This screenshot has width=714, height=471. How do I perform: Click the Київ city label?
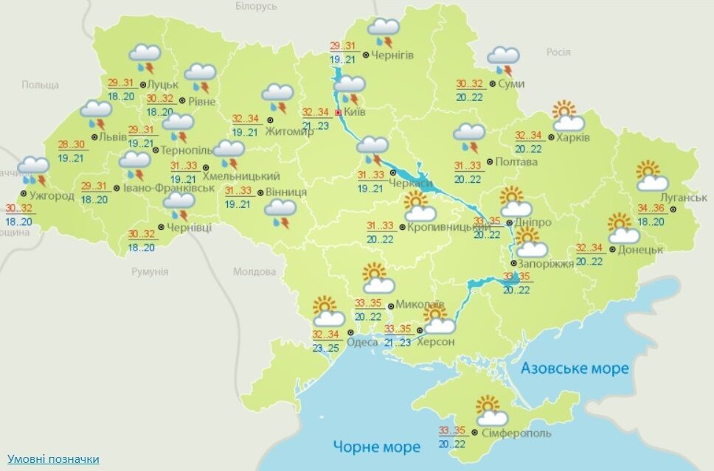tap(354, 113)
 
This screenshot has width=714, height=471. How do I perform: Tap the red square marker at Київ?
tap(339, 113)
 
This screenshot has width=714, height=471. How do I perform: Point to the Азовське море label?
tap(575, 368)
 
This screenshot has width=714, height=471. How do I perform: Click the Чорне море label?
tap(376, 446)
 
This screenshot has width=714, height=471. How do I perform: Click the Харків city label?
tap(573, 138)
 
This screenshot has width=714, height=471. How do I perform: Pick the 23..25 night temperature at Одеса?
tap(325, 347)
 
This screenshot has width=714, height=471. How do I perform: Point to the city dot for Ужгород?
tap(24, 195)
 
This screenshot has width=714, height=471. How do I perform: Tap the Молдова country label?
tap(254, 272)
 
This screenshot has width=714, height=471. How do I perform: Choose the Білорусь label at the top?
tap(256, 6)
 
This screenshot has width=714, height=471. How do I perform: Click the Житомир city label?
tap(294, 131)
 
